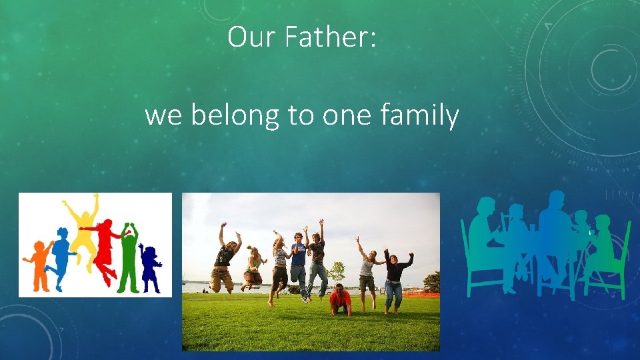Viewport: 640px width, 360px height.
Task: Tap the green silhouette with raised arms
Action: click(128, 257)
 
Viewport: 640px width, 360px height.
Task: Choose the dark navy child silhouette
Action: click(149, 267)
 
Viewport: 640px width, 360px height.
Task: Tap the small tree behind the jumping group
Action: click(337, 270)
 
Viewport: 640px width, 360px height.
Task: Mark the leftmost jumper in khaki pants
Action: click(223, 263)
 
